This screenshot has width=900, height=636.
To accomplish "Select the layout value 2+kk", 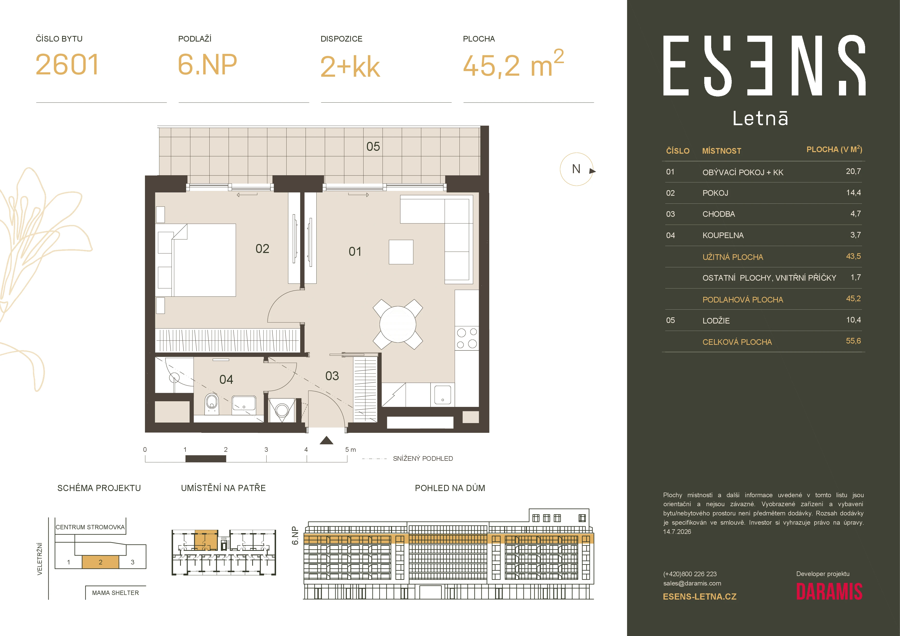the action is pos(350,67).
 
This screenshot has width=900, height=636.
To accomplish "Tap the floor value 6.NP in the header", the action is pos(207,65).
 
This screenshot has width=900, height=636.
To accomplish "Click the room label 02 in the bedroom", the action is pos(262,248).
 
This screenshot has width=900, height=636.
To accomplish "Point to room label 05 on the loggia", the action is pos(373,146).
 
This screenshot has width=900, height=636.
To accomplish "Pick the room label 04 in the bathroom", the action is pos(226,379).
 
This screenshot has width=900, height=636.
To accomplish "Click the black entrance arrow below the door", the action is pos(327,441).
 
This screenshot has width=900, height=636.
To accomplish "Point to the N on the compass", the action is pos(576,169).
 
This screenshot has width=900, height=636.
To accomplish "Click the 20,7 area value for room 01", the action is pos(853,171).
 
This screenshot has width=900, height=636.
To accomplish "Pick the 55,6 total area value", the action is pos(853,341).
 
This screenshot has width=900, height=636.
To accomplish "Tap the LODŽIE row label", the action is pos(716,320).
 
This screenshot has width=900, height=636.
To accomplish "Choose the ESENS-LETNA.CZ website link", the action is pos(700,597).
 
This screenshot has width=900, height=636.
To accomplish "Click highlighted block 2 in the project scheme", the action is pos(100,562).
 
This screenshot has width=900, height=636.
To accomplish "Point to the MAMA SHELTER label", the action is pos(115,593).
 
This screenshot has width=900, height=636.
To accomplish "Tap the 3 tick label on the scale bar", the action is pos(266,449).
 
